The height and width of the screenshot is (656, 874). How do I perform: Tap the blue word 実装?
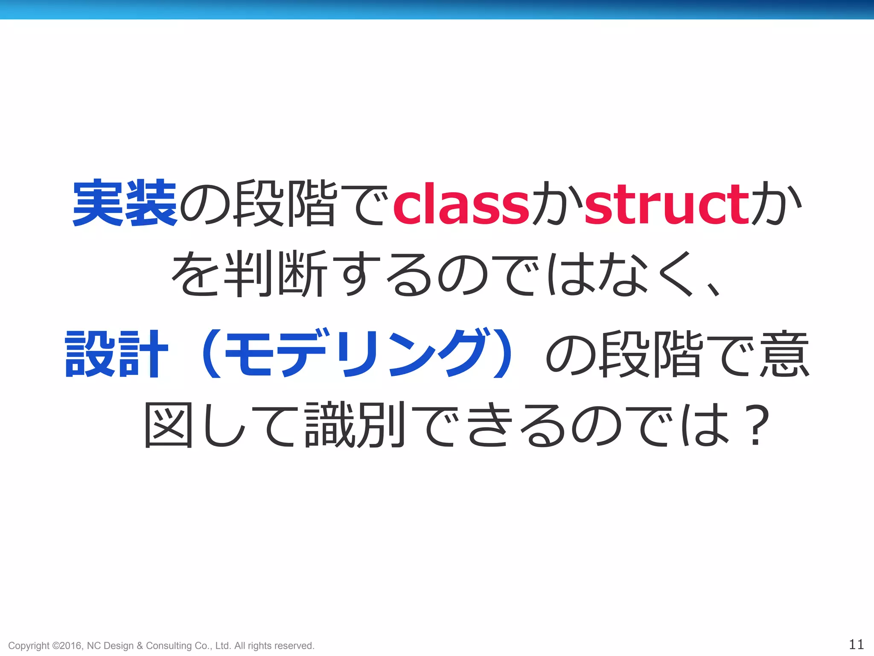pos(125,203)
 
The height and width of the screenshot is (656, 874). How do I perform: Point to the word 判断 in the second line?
pos(276,274)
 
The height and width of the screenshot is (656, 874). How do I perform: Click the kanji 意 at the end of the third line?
pos(784,354)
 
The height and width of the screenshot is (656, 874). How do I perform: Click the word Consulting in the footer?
pos(169,646)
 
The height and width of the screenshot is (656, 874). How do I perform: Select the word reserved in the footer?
pos(297,646)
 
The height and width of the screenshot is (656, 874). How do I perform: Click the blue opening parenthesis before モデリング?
pos(211,354)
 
